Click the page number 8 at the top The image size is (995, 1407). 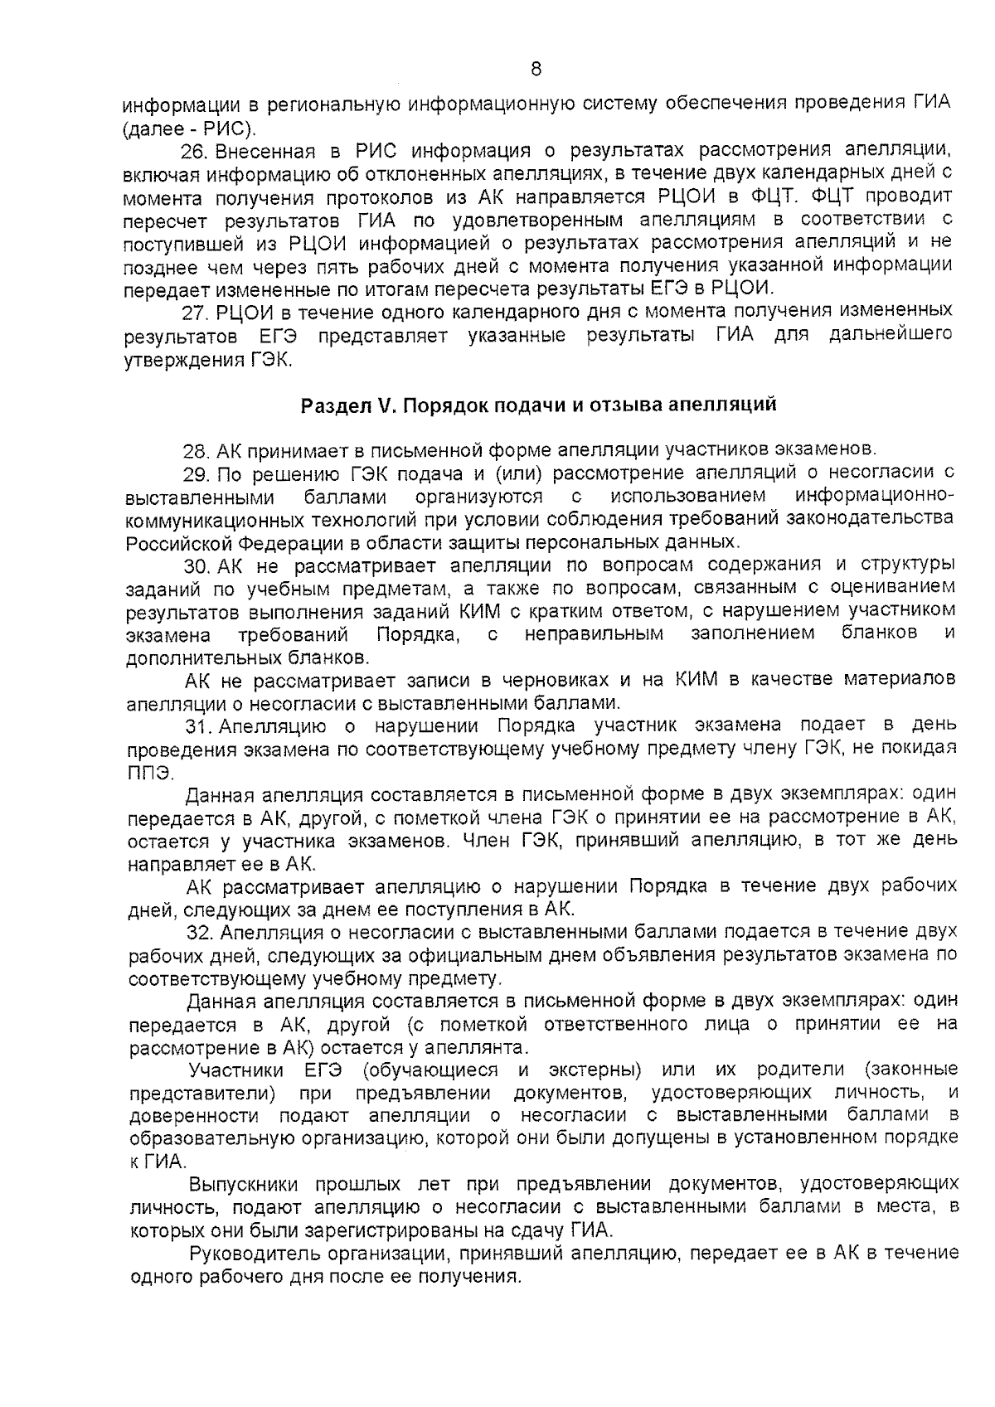tap(535, 70)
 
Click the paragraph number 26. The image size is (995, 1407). tap(193, 152)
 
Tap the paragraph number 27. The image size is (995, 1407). tap(193, 313)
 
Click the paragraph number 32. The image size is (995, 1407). tap(199, 932)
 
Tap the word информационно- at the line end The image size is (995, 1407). tap(875, 497)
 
